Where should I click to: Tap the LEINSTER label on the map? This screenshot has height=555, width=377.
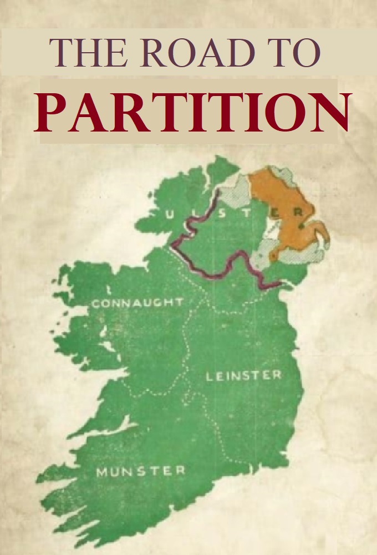click(x=243, y=376)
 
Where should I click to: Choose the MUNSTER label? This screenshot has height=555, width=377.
click(x=141, y=472)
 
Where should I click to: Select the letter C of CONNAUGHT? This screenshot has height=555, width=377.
click(x=96, y=304)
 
